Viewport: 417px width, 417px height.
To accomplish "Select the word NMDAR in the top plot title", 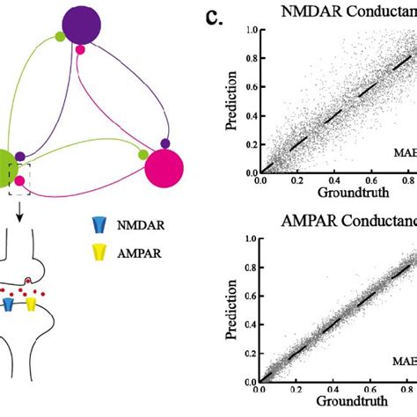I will point(304,11).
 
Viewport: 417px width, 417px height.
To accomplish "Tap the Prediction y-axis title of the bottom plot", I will point(230,311).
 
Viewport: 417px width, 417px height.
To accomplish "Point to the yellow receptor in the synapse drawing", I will point(31,304).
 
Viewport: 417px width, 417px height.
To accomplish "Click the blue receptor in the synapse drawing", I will point(9,304).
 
